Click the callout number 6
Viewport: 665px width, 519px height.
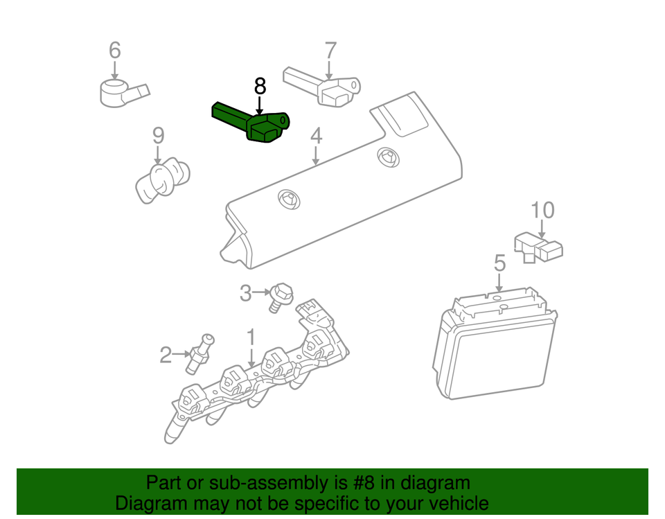pyautogui.click(x=114, y=50)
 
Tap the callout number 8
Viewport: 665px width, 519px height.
pyautogui.click(x=259, y=87)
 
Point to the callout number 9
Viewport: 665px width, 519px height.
pyautogui.click(x=158, y=134)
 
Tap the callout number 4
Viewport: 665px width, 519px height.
pyautogui.click(x=316, y=136)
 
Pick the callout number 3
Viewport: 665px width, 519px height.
pyautogui.click(x=245, y=294)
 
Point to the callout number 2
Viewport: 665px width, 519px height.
pyautogui.click(x=165, y=355)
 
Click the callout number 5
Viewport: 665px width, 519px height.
pyautogui.click(x=499, y=263)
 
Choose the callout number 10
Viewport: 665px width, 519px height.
pyautogui.click(x=542, y=209)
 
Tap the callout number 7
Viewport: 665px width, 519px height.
pyautogui.click(x=330, y=50)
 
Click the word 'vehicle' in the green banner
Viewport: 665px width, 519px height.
pyautogui.click(x=454, y=503)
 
